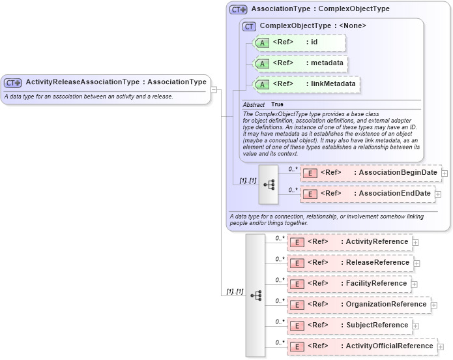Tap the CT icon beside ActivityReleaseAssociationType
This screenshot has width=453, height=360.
point(13,83)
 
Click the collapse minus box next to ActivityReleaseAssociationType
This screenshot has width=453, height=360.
point(214,89)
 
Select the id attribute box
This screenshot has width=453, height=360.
point(299,42)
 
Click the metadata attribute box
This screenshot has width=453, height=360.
point(299,63)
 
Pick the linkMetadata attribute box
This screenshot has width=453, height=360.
point(306,84)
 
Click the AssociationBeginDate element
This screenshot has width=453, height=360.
point(370,173)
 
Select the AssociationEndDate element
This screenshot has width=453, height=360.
point(367,194)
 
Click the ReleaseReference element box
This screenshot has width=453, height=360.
point(349,263)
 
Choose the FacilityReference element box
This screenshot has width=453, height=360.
point(348,284)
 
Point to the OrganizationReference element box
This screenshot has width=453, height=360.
point(358,305)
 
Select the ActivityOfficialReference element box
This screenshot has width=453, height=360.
point(361,346)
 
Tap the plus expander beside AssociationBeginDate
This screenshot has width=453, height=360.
point(445,173)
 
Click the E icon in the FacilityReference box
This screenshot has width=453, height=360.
point(297,284)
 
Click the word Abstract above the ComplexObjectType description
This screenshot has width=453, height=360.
point(254,105)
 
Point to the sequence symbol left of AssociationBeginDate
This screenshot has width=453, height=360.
point(269,184)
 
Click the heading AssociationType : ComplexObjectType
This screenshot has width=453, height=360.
point(320,9)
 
